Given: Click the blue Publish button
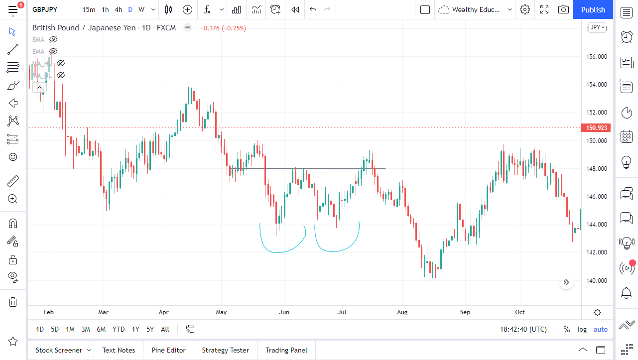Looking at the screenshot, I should (x=593, y=9).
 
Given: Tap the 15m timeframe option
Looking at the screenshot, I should (x=89, y=9).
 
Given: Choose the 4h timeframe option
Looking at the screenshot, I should (x=118, y=9).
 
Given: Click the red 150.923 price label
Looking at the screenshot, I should (x=596, y=128).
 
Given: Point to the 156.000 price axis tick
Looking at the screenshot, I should (x=596, y=56).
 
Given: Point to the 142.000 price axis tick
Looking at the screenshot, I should (x=596, y=252).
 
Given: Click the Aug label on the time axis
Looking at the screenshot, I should (x=402, y=312).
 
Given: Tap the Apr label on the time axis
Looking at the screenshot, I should (x=164, y=312).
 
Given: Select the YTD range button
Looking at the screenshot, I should (x=119, y=329).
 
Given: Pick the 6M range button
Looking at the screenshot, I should (x=101, y=329).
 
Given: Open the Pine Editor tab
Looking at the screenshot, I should (x=168, y=350).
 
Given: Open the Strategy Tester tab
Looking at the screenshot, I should (x=225, y=350).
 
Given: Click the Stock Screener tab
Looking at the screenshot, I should (x=59, y=350).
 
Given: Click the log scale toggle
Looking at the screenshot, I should (x=582, y=329).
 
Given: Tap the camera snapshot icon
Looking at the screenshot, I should (x=563, y=9).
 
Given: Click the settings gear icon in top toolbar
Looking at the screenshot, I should (x=524, y=9).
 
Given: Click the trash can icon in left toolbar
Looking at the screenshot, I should (x=13, y=302).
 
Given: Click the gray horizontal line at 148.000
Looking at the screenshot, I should (x=324, y=169).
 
